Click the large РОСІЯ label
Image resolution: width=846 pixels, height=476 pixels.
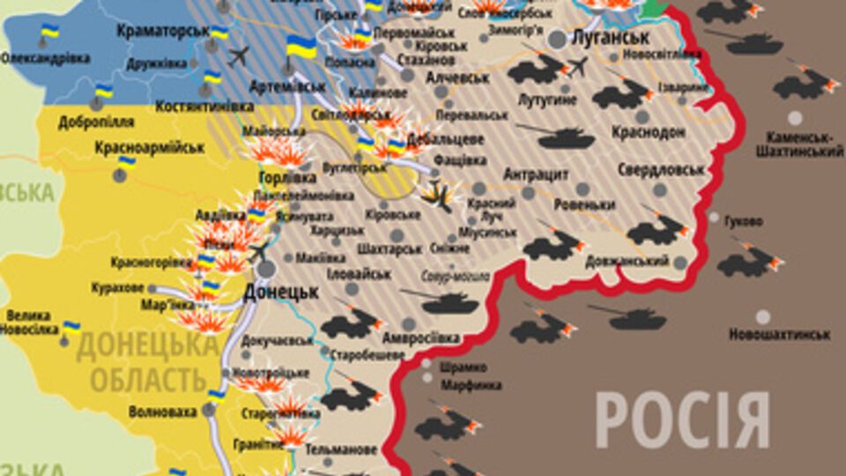(682, 420)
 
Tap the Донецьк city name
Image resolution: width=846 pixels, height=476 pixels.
(280, 292)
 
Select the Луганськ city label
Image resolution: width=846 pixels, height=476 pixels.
(611, 38)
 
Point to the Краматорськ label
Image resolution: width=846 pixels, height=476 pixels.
(162, 30)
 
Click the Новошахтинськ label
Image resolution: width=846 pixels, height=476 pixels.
(779, 335)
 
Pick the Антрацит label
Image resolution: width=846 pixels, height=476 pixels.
(536, 175)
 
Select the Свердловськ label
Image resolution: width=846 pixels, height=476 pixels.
(662, 169)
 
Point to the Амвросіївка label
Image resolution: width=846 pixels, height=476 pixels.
(421, 338)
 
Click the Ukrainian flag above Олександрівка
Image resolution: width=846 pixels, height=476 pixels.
(49, 33)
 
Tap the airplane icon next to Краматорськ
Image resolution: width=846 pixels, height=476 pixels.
(238, 56)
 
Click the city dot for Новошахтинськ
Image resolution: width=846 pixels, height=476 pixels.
(762, 316)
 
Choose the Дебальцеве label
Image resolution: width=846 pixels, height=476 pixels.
(453, 139)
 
